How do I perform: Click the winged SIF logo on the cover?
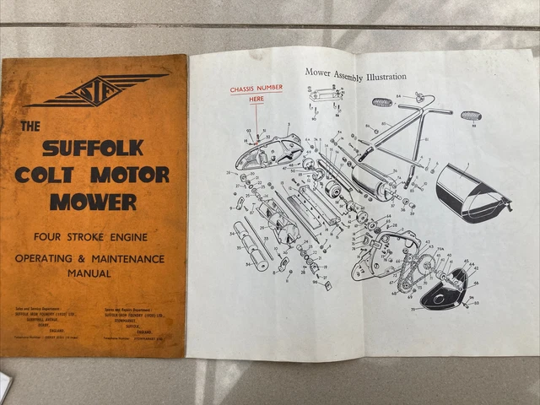pos(95,89)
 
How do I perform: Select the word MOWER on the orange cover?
pos(92,202)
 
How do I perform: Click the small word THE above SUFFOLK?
pos(30,127)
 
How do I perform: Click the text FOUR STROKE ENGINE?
pos(93,237)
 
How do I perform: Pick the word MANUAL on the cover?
pos(93,273)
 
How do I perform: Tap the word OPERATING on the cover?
pos(59,256)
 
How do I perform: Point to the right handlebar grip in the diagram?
pos(470,116)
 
